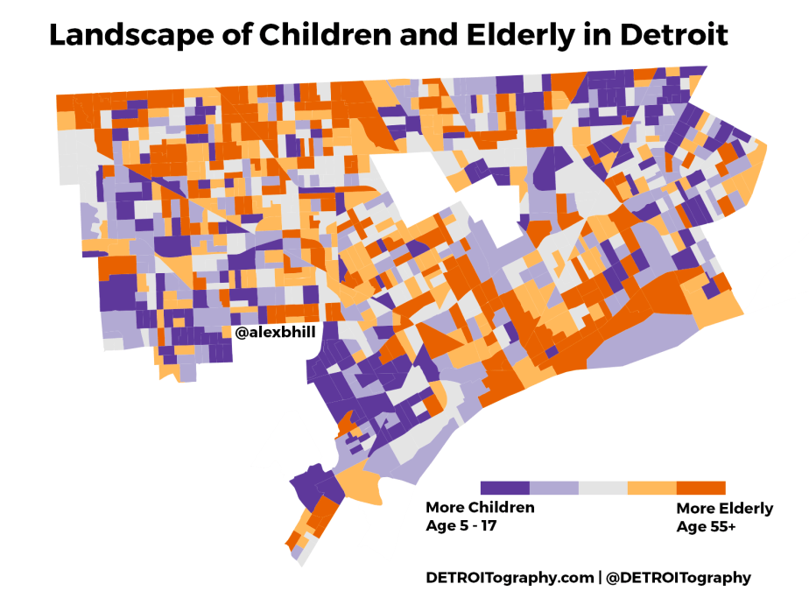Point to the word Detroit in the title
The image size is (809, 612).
click(675, 35)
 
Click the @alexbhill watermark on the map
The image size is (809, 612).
click(275, 332)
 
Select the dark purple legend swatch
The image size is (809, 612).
click(505, 488)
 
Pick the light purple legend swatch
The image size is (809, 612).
click(554, 488)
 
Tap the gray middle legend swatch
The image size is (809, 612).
click(603, 488)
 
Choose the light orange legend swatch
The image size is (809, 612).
click(652, 488)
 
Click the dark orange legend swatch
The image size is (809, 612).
click(701, 488)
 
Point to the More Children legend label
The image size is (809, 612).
click(480, 508)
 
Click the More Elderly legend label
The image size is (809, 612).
click(724, 509)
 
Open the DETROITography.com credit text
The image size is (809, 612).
click(509, 578)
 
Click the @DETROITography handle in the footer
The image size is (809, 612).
click(679, 578)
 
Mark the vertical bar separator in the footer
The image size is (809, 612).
click(600, 578)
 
